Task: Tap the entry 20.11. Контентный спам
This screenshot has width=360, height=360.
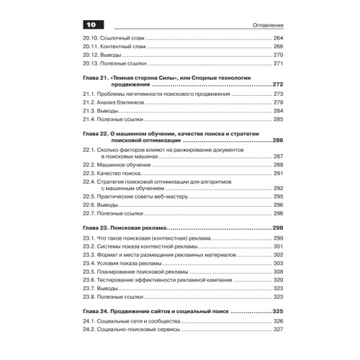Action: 116,46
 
